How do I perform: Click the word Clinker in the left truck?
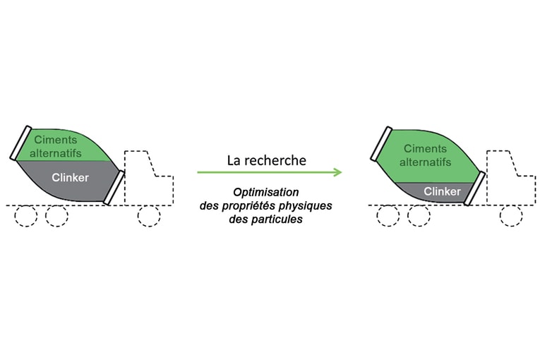click(x=71, y=178)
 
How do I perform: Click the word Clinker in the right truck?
click(x=443, y=191)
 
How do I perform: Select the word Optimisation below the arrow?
click(x=267, y=192)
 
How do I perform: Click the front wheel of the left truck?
click(x=148, y=216)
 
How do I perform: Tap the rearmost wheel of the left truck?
click(x=25, y=216)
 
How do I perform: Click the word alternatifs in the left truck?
click(x=56, y=152)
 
